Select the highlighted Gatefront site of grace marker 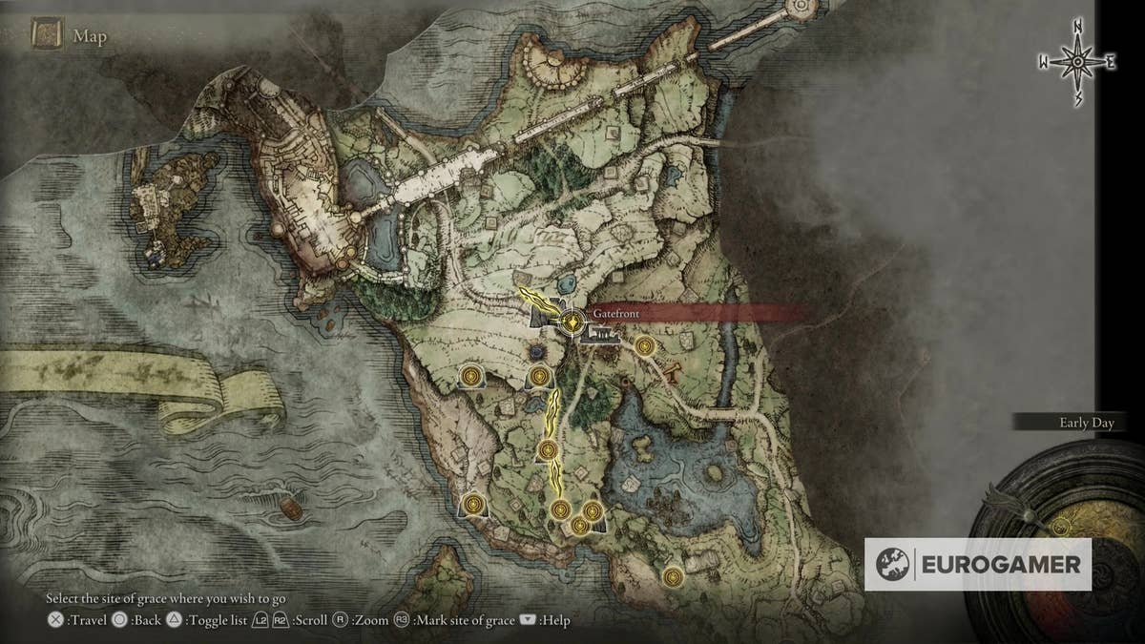coord(572,323)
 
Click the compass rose coord(1077,61)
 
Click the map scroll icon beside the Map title coord(47,36)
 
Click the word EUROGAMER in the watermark coord(1001,564)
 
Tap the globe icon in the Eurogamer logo coord(893,564)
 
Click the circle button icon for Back coord(119,620)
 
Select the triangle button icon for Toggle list coord(175,620)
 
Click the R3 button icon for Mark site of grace coord(401,620)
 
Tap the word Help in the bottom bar coord(554,620)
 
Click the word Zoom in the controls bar coord(371,620)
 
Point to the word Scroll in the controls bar coord(311,620)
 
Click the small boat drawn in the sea coord(291,510)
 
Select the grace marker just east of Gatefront coord(645,346)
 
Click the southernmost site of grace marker coord(674,575)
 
